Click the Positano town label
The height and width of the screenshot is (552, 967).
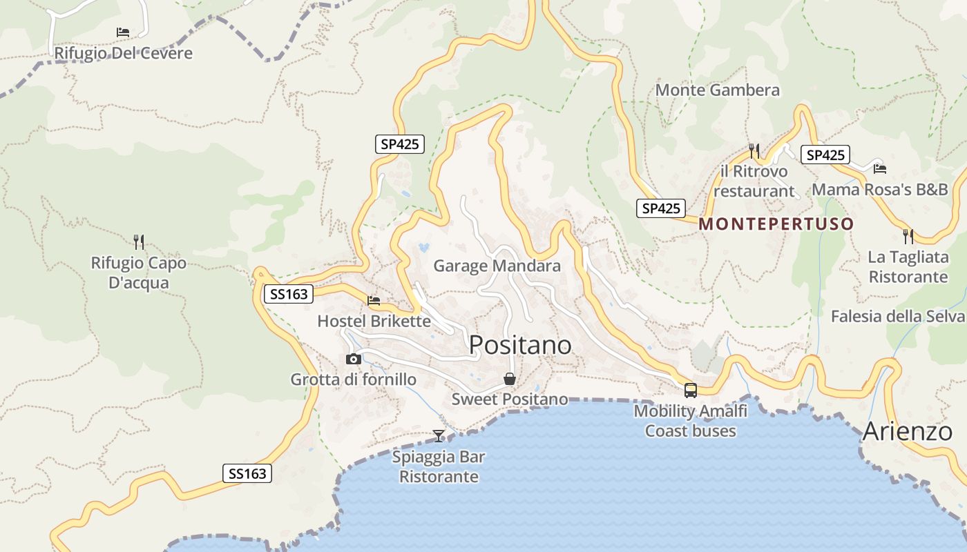click(x=520, y=345)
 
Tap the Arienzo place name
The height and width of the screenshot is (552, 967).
click(x=908, y=432)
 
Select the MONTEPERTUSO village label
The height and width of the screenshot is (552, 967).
click(x=776, y=224)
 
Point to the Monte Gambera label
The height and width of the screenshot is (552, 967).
click(x=718, y=90)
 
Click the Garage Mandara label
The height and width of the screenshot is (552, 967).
click(x=497, y=266)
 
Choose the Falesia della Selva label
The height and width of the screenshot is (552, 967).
click(x=897, y=317)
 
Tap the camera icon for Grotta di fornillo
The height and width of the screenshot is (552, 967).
click(x=353, y=359)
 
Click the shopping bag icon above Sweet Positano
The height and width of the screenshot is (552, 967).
click(x=509, y=379)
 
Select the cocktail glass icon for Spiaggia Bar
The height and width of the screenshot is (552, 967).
click(x=439, y=435)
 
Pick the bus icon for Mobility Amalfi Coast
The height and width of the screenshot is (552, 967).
click(x=690, y=391)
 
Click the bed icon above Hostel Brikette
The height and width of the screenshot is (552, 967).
click(x=374, y=300)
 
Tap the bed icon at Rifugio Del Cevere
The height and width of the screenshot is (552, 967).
click(x=123, y=32)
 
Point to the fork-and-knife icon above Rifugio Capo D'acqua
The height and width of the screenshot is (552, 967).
click(x=139, y=241)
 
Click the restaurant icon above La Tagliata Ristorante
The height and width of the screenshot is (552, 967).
click(x=908, y=237)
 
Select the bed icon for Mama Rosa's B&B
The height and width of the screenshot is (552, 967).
click(x=879, y=168)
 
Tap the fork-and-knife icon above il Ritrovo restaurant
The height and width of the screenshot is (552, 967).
click(x=754, y=150)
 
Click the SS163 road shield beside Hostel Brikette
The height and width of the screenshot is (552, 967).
click(x=289, y=295)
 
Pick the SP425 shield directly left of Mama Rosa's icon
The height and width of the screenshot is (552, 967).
click(x=825, y=155)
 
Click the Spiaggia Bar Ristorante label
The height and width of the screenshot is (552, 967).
click(x=439, y=467)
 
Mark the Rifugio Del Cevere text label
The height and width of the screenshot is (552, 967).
click(x=123, y=54)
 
